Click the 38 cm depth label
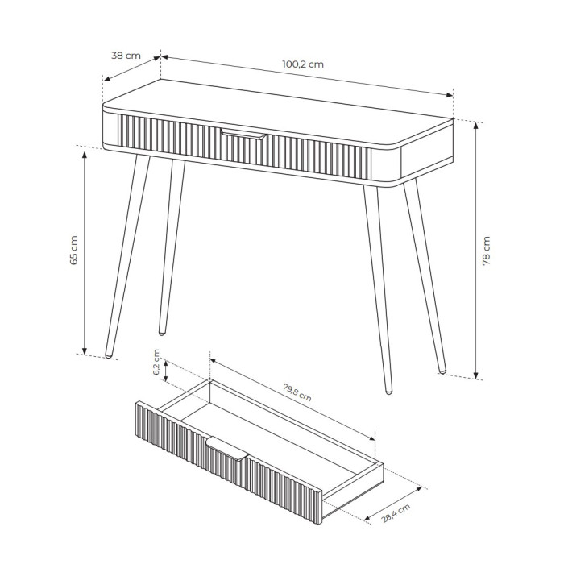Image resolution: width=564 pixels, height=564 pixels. click(x=126, y=56)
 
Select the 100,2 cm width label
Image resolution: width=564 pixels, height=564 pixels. click(x=303, y=64)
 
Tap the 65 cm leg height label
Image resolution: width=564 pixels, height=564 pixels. click(x=74, y=251)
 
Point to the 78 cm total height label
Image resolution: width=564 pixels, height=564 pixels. click(x=486, y=251)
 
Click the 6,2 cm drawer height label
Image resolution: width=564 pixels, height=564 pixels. click(x=156, y=362)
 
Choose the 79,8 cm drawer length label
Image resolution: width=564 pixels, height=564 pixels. click(x=297, y=392)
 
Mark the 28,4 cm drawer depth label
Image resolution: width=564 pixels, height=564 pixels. click(x=396, y=513)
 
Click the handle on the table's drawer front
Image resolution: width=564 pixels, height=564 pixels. click(x=243, y=134)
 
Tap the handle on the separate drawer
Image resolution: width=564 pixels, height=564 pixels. click(x=227, y=448)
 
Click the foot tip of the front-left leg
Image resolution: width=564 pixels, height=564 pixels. click(x=109, y=356)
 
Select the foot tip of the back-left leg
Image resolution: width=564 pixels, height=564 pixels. click(x=162, y=333)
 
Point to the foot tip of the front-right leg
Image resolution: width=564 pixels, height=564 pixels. click(x=388, y=392)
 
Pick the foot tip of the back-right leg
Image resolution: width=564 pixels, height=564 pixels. click(x=442, y=371)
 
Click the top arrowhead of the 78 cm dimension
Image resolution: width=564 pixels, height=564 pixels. click(x=476, y=125)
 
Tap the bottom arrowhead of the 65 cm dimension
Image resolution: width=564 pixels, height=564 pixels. click(x=85, y=350)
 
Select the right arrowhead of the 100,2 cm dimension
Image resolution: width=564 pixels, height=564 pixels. click(x=450, y=95)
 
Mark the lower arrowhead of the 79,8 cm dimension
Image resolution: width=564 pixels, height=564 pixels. click(x=372, y=438)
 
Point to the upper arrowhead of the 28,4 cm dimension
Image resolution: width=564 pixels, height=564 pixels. click(x=418, y=489)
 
